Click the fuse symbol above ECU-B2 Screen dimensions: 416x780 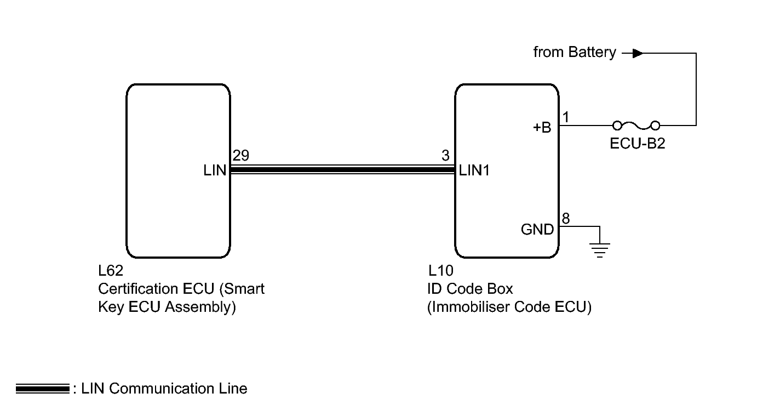(636, 125)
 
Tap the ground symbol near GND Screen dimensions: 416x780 (600, 249)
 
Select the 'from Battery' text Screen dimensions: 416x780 (575, 53)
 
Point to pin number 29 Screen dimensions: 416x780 (240, 156)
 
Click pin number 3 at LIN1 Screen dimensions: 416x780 (445, 156)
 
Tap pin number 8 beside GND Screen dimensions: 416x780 (566, 219)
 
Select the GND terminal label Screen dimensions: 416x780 (537, 230)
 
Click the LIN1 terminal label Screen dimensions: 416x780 (474, 170)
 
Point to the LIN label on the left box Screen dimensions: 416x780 (215, 170)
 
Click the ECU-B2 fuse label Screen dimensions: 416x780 (637, 145)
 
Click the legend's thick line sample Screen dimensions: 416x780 (43, 389)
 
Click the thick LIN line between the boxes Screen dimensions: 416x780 (342, 170)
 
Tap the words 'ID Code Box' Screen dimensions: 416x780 (470, 289)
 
